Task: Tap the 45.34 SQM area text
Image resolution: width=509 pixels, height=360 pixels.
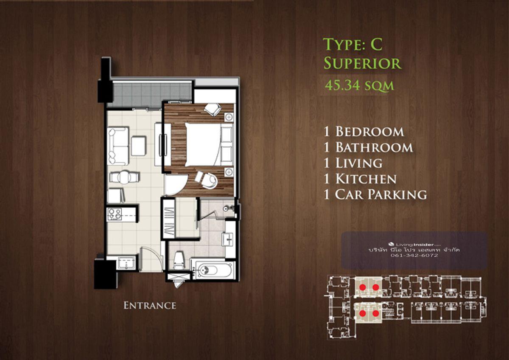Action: [359, 86]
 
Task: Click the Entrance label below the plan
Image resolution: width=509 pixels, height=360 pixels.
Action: [150, 305]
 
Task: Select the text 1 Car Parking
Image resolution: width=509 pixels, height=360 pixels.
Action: [375, 194]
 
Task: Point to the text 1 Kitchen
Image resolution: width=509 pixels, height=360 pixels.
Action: [360, 179]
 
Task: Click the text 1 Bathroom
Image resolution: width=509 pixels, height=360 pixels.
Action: [368, 147]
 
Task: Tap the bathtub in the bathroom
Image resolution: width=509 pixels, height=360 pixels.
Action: [214, 270]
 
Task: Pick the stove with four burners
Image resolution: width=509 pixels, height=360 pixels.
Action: [115, 214]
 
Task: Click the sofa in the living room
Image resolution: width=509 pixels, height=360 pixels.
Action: [118, 146]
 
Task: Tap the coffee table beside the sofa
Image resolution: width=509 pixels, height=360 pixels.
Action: [139, 146]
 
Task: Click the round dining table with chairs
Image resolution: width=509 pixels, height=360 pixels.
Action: [124, 177]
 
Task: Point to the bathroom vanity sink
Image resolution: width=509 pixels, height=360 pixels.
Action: [227, 239]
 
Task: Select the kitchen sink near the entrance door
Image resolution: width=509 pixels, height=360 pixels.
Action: [126, 263]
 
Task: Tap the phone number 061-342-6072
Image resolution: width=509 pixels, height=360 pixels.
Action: [414, 256]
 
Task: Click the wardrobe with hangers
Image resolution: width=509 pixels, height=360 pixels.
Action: [169, 219]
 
